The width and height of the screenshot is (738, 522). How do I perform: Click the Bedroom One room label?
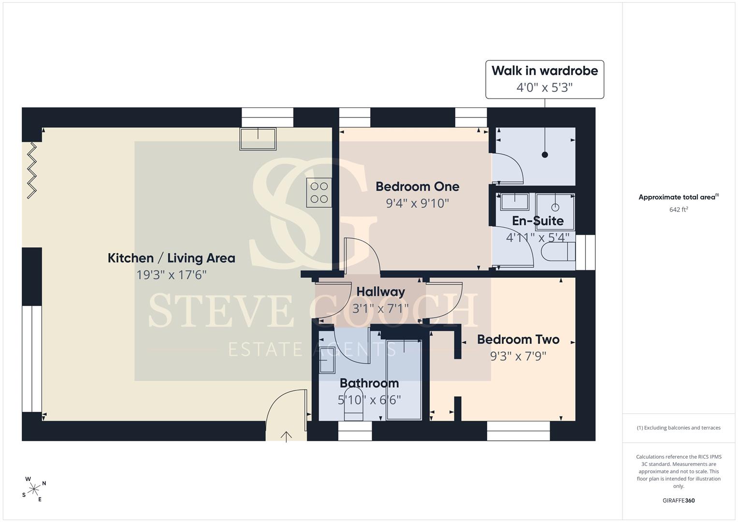point(418,187)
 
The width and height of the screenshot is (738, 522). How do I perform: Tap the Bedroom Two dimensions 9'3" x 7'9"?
point(518,356)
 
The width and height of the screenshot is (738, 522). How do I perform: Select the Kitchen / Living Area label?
point(171,258)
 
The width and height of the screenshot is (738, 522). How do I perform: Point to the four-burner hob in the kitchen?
point(319,192)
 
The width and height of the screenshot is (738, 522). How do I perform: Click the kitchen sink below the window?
point(258,139)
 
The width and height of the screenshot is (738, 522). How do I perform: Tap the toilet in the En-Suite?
point(558,252)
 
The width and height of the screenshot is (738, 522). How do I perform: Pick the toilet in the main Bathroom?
point(353,405)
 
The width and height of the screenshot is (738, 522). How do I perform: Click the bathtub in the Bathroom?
point(404,379)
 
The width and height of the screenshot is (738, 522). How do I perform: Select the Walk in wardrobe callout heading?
point(545,71)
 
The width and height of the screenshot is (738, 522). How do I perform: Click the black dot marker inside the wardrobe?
point(545,155)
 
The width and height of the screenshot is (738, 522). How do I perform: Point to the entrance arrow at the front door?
point(286,436)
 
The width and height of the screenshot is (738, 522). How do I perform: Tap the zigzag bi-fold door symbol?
point(31,171)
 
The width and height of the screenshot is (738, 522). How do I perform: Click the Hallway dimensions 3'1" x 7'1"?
point(380,308)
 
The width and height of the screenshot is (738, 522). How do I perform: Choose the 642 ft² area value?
point(679,210)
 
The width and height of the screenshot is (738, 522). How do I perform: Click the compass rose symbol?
point(34,489)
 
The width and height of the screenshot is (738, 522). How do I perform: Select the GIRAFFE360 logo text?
point(679,501)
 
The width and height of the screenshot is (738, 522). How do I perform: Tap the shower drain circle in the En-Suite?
point(555,207)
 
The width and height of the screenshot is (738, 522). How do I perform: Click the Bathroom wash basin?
point(327,360)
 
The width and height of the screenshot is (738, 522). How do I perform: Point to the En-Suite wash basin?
point(514,202)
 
